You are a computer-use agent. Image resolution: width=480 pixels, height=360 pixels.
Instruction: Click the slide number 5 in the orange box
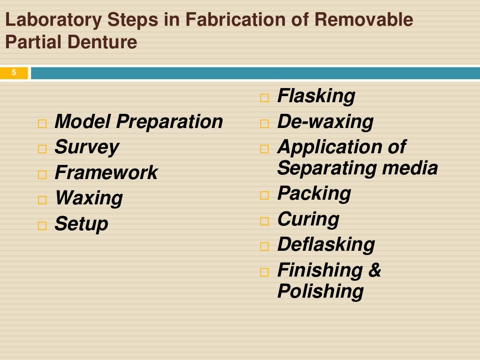click(14, 73)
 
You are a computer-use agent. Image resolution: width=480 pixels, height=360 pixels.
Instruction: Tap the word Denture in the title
click(103, 42)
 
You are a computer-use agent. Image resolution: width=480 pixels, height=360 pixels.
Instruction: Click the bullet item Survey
click(86, 148)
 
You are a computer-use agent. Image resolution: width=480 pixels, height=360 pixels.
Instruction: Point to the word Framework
click(106, 173)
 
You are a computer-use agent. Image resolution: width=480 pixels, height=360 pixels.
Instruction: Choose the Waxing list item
click(89, 198)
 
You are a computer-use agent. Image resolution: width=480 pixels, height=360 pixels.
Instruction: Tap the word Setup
click(81, 224)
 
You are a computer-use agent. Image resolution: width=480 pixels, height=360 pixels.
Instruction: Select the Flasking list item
click(316, 97)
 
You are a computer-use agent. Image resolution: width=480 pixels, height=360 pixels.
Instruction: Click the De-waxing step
click(325, 122)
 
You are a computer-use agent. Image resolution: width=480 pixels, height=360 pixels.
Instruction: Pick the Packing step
click(314, 194)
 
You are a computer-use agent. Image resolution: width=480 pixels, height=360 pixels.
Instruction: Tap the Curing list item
click(308, 219)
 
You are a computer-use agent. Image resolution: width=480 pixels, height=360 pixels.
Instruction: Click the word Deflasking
click(326, 245)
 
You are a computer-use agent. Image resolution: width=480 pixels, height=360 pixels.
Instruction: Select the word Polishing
click(320, 291)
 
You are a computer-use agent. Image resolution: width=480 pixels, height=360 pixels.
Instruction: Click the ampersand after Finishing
click(375, 270)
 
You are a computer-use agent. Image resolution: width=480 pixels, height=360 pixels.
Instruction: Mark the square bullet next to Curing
click(265, 221)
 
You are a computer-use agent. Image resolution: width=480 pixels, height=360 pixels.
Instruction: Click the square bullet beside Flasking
click(265, 98)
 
